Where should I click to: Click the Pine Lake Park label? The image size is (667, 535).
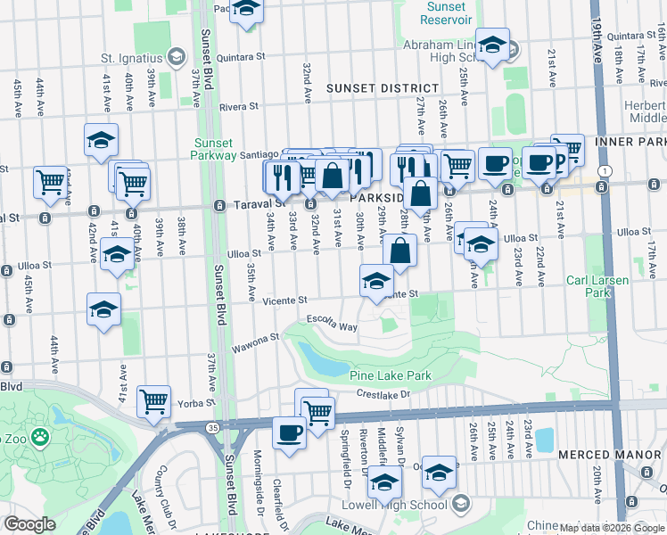392,375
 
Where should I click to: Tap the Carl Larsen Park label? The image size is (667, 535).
597,285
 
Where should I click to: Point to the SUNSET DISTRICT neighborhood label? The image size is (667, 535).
382,88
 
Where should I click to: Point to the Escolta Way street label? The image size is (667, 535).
332,323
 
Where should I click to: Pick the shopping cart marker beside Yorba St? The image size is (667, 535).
154,401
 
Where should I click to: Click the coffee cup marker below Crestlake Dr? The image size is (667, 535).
288,432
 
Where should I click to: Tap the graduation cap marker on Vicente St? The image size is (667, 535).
377,281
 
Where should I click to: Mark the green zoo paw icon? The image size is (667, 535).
39,437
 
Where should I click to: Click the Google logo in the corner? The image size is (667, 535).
29,524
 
